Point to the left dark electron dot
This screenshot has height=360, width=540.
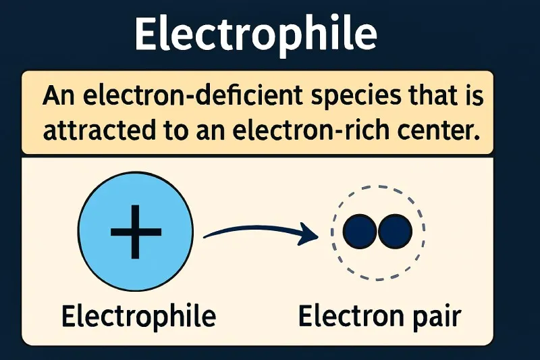point(360,232)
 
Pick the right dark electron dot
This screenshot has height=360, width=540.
point(395,232)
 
